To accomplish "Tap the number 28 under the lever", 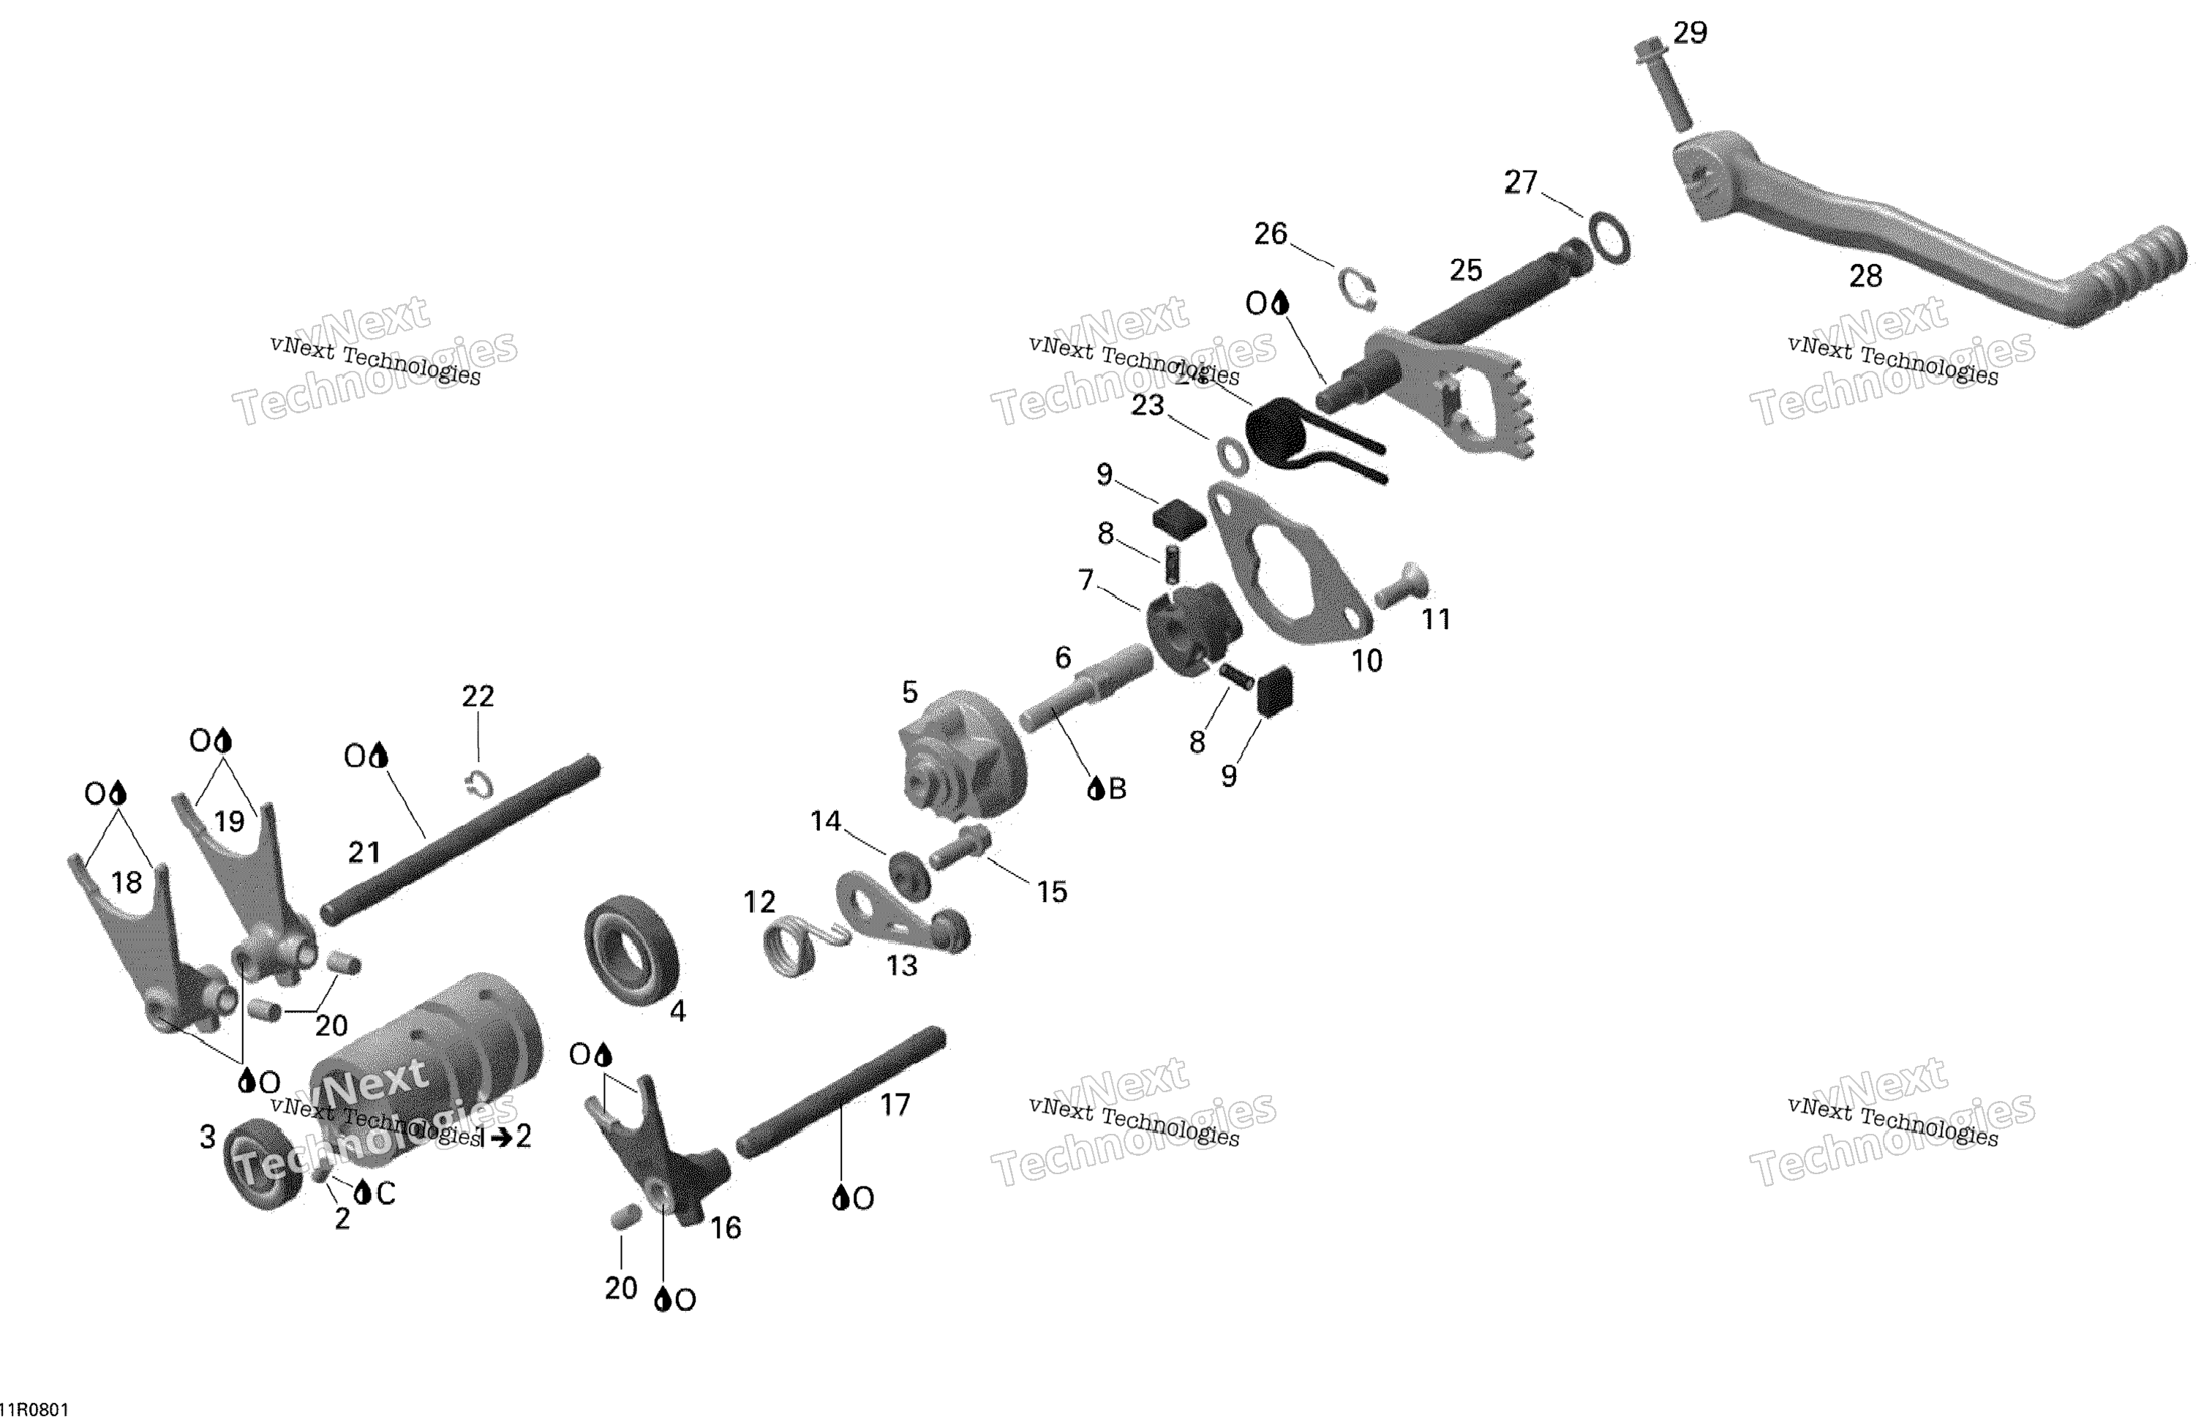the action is click(x=1865, y=276).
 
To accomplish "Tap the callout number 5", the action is click(x=909, y=692).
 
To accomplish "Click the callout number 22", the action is click(x=478, y=696).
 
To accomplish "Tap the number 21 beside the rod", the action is click(x=364, y=852).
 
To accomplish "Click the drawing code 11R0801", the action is click(x=34, y=1409).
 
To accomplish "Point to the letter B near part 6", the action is click(x=1117, y=789).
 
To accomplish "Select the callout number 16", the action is click(x=725, y=1228).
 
